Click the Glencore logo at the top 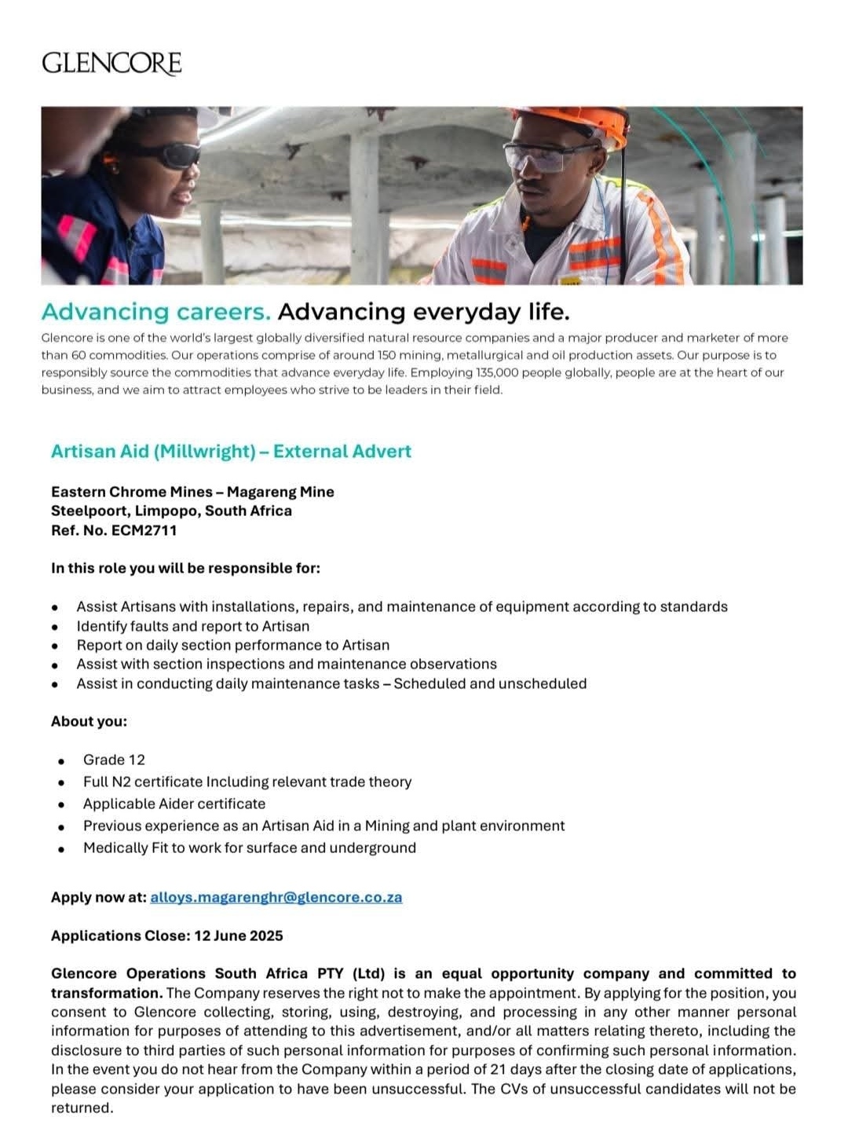pos(111,63)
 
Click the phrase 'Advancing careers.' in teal pos(155,312)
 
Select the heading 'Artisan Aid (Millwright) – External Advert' pos(231,452)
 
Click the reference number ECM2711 pos(144,530)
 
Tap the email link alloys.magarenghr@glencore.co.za pos(276,897)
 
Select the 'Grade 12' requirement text pos(114,760)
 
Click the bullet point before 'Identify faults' pos(55,627)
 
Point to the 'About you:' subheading pos(89,721)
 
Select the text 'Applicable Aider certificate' pos(174,804)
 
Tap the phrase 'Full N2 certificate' pos(143,782)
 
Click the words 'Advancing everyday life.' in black pos(423,312)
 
